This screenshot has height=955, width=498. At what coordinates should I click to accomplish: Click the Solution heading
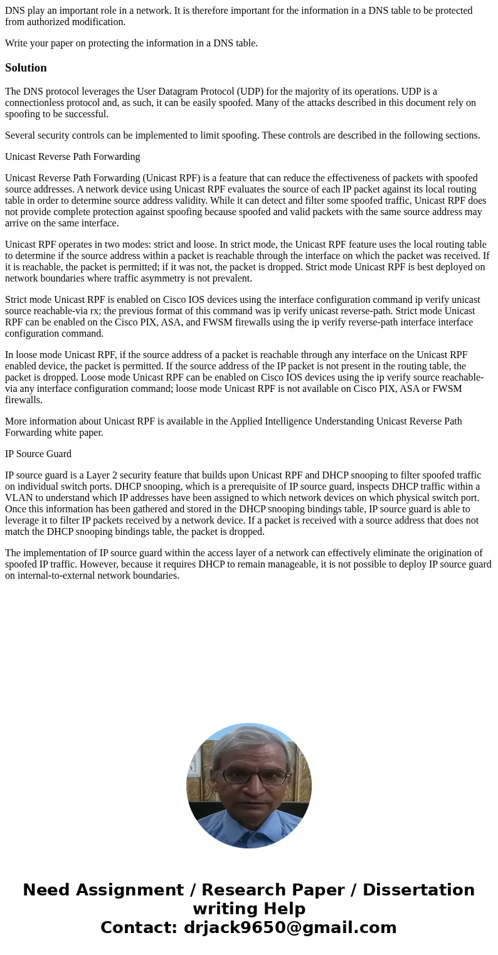26,68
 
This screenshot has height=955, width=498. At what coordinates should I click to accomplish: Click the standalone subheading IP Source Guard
38,454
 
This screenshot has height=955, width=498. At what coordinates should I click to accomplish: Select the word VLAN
19,498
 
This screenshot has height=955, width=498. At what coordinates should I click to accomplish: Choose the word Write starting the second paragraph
17,43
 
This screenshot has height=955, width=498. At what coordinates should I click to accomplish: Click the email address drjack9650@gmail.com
290,927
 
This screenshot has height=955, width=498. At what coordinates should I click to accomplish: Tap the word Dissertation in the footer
418,890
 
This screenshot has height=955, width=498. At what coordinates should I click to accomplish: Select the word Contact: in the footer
139,927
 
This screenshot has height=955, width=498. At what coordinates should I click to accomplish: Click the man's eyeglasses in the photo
249,776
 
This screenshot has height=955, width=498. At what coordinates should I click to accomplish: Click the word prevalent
231,278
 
